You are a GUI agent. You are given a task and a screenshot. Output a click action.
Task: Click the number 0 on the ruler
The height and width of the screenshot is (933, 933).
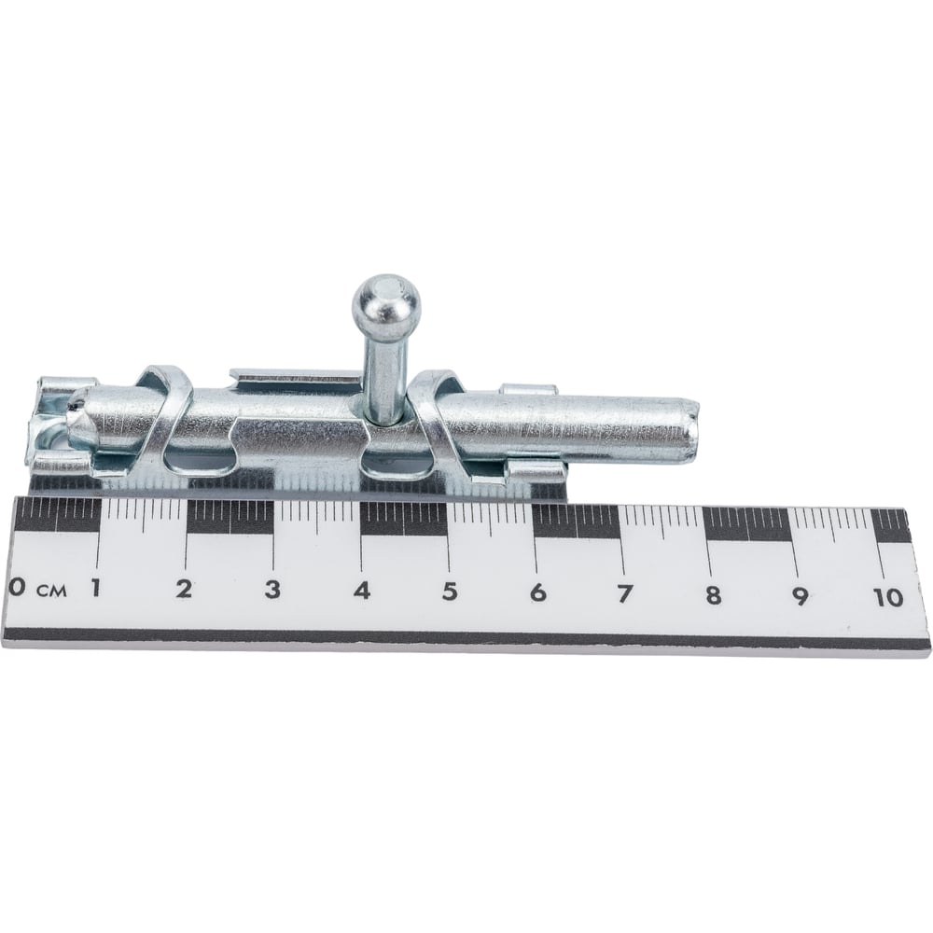point(17,588)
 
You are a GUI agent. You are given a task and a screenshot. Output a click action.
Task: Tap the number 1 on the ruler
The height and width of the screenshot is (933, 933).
point(94,589)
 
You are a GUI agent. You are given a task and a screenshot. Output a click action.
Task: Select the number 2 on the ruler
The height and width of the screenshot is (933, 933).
point(184,589)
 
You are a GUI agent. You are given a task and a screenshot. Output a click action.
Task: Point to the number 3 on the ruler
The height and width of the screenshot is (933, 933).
point(272,590)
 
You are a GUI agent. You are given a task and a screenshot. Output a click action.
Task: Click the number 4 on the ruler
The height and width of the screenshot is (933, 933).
point(362,591)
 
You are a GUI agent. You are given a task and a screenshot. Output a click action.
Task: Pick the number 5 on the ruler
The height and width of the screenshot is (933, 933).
point(450,592)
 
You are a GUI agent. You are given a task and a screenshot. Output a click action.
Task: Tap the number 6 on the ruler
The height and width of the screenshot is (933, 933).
point(538,592)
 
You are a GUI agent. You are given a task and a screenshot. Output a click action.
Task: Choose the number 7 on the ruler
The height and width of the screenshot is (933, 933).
point(624,593)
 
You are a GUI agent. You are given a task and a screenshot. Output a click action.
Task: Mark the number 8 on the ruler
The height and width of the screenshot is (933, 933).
point(713,595)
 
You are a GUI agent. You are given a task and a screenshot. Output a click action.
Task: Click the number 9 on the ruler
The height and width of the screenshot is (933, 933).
point(801,596)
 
